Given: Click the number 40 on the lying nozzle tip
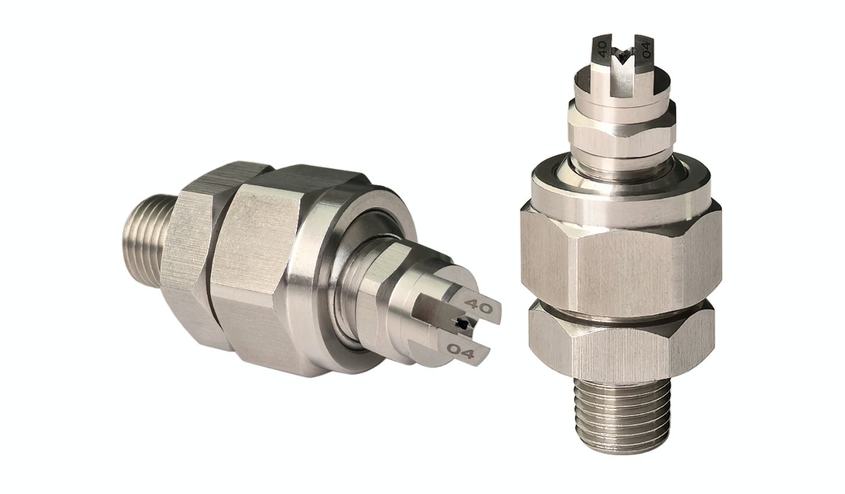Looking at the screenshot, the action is pyautogui.click(x=478, y=307).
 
